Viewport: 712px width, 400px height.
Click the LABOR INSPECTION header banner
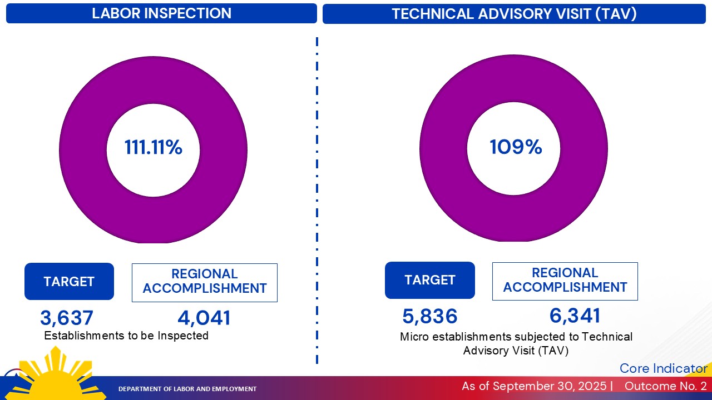coord(161,13)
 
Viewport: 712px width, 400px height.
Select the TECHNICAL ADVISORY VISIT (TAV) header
coord(514,14)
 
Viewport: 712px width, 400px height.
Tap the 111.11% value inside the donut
coord(153,148)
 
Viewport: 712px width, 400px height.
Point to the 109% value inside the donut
coord(516,147)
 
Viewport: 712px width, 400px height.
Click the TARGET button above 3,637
coord(69,282)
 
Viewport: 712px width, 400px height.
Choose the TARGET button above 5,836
coord(430,280)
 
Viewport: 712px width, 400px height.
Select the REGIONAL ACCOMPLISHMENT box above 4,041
coord(205,282)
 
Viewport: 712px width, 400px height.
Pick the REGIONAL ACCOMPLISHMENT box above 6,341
coord(565,281)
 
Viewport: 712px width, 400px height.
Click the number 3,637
coord(67,318)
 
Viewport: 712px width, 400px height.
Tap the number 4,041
coord(204,318)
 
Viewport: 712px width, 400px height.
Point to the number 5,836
coord(430,317)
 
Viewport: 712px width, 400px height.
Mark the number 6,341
coord(575,316)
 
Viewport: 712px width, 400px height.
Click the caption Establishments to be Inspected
coord(126,336)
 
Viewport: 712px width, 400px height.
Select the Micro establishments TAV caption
coord(516,343)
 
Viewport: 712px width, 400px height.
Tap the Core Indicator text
coord(663,368)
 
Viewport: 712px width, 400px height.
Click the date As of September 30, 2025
coord(534,386)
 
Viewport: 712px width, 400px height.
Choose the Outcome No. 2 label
coord(665,386)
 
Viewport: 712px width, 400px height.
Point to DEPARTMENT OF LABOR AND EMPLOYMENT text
coord(187,389)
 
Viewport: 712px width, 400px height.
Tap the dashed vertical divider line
coord(317,200)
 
